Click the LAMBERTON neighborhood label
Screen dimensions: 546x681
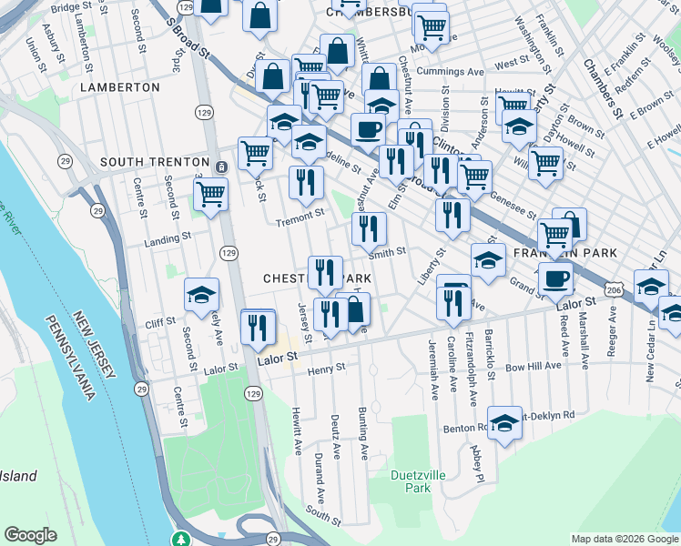(x=119, y=87)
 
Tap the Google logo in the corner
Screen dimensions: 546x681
(x=31, y=535)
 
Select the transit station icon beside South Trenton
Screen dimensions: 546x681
(x=222, y=166)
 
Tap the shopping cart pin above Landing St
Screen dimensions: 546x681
(x=210, y=194)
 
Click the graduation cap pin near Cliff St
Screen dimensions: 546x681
(x=201, y=294)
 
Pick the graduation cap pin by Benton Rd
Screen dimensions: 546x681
(x=504, y=422)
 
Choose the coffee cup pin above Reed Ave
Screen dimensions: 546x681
(x=555, y=278)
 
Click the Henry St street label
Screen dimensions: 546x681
(x=327, y=369)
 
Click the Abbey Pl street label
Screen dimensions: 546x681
(x=474, y=464)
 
